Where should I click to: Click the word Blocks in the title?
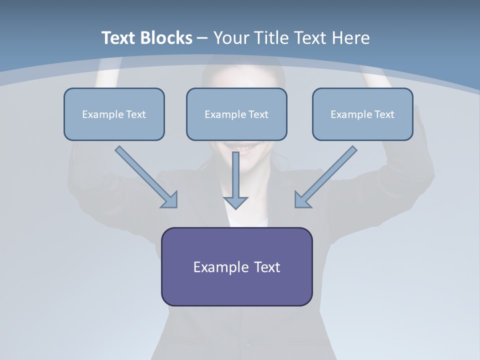point(166,37)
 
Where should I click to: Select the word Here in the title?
point(351,37)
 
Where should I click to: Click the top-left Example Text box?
point(114,114)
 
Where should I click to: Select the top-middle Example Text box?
point(236,114)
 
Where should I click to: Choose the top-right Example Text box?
point(363,114)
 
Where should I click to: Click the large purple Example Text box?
point(237,266)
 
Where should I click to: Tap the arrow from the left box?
point(146,177)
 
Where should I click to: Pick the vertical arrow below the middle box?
point(235,180)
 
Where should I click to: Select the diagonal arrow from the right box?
point(326,177)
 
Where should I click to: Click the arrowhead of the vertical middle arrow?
point(235,202)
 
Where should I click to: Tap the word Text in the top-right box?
point(384,114)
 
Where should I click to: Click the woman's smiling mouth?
point(242,147)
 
